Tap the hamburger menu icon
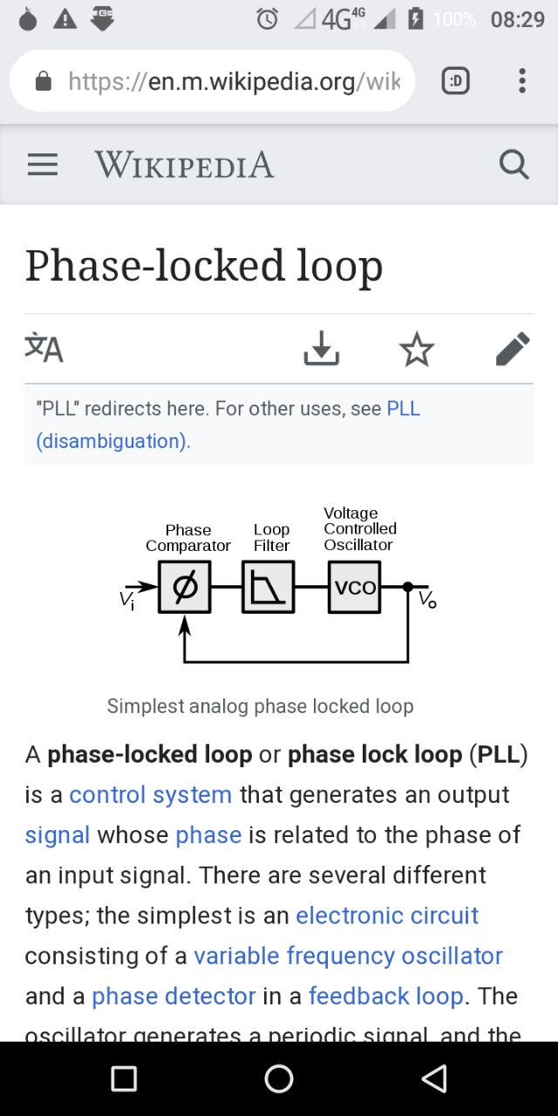coord(43,165)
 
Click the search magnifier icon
coord(514,164)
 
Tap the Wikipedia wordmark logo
coord(184,165)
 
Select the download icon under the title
coord(321,349)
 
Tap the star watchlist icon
coord(417,349)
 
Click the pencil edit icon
coord(512,349)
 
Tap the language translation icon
coord(44,348)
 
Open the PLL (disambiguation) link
coord(112,441)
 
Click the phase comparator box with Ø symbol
coord(184,588)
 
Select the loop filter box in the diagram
coord(268,588)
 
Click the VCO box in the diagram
coord(354,588)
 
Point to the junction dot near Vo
coord(407,587)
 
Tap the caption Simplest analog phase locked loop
coord(260,705)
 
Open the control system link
coord(150,795)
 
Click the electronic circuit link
coord(386,915)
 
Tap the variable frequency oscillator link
coord(348,956)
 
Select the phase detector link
coord(174,996)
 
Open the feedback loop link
coord(385,996)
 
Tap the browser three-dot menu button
coord(521,81)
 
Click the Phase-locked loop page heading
coord(204,266)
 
